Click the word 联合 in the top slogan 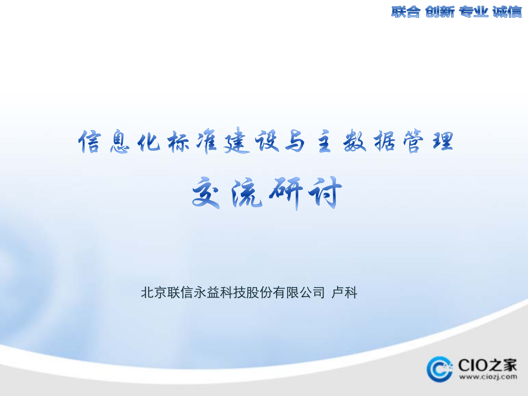(x=406, y=12)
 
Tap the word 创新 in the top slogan (x=439, y=12)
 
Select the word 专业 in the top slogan (x=473, y=12)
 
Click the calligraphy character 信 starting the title (x=90, y=141)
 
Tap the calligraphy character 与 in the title (x=295, y=141)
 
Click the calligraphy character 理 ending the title (x=443, y=141)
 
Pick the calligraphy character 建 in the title (x=237, y=141)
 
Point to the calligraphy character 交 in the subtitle (x=206, y=193)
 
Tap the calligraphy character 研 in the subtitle (x=286, y=193)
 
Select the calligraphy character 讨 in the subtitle (x=326, y=193)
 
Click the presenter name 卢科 (x=344, y=292)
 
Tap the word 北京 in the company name (x=154, y=292)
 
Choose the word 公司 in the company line (x=312, y=292)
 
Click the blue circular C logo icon (x=439, y=369)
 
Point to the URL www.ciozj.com (x=488, y=377)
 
